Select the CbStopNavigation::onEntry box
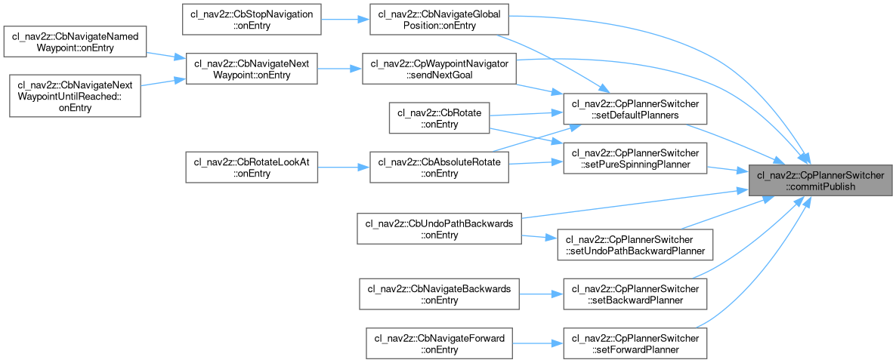point(252,18)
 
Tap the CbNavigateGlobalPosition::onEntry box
point(439,18)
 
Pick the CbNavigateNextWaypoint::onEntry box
point(252,68)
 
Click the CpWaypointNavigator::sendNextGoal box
point(439,68)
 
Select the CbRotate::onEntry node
point(439,118)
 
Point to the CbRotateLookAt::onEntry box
point(252,168)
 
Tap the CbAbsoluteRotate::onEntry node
point(439,168)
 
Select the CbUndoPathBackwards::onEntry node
point(439,229)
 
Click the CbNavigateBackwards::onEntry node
point(439,294)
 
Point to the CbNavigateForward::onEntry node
point(439,344)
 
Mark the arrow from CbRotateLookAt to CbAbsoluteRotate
point(344,168)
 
